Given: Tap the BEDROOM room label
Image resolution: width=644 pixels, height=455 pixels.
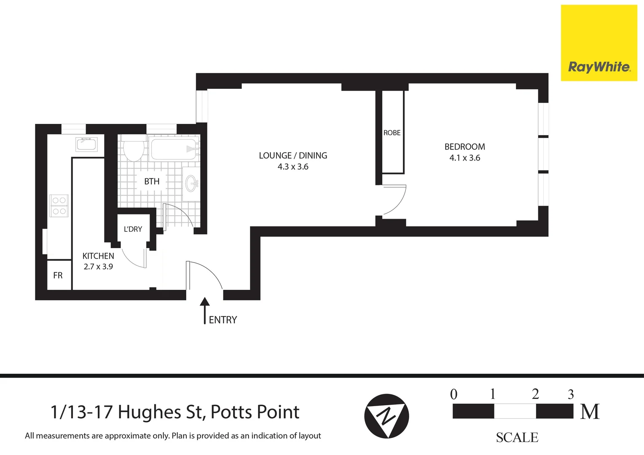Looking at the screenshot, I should point(464,147).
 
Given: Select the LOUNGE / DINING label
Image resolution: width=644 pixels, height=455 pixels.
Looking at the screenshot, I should point(293,155).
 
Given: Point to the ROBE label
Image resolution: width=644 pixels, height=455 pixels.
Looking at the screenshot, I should point(392,133).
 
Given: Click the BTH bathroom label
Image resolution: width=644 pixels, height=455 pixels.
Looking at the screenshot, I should point(152,182).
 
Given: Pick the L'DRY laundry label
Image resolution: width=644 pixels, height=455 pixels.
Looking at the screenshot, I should point(133,229).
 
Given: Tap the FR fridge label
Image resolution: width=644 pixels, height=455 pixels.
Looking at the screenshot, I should point(58,276).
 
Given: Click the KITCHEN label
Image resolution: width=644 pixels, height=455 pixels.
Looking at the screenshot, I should point(98,256).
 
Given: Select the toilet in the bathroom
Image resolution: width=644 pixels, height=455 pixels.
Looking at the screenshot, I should point(134,149).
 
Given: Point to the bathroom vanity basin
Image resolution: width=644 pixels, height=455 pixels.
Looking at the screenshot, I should point(191,184).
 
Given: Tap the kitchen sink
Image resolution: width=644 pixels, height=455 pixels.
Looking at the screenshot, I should point(86,144).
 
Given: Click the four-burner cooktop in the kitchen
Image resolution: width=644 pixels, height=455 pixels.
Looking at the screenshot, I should point(59,206).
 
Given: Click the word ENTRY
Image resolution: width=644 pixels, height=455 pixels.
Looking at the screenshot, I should point(223,320).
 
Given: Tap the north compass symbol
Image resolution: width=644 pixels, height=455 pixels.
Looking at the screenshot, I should point(386,416).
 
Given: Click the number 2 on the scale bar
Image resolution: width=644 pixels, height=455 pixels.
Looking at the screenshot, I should point(535,394).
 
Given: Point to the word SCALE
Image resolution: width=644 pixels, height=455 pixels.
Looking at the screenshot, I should point(517,438).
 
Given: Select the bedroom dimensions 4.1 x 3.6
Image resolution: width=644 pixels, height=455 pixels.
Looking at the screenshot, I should point(464,158).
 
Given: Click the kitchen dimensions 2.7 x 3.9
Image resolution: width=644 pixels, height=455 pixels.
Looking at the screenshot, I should point(98,267).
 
